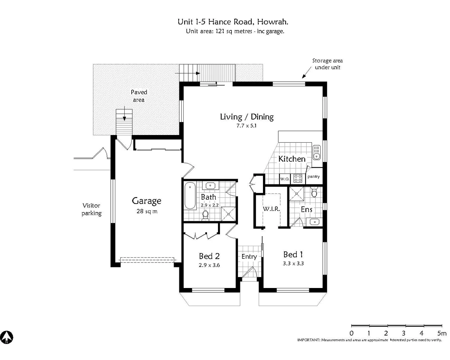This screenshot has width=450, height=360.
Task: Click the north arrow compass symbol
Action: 7,337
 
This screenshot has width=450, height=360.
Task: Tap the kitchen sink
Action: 316,152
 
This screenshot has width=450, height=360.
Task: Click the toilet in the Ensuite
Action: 314,192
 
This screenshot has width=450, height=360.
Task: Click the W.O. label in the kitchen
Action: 285,179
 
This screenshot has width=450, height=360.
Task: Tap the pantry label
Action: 313,176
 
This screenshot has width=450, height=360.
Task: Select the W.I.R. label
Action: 271,209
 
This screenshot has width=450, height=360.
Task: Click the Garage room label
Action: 147,201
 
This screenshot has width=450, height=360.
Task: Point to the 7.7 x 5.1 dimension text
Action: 246,126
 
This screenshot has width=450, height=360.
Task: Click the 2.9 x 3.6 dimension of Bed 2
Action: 209,265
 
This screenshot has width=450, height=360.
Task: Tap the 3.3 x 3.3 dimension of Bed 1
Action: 293,263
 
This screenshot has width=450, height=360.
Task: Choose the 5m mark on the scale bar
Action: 442,333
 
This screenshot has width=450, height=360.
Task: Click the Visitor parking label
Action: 91,209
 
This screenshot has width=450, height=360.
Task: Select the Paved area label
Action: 139,96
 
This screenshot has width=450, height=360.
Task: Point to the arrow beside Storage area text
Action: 307,73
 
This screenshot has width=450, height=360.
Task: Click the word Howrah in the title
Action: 273,22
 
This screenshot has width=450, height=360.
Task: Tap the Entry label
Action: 249,257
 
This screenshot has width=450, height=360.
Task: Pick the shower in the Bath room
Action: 228,214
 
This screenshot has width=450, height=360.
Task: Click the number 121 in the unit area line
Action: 220,31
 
